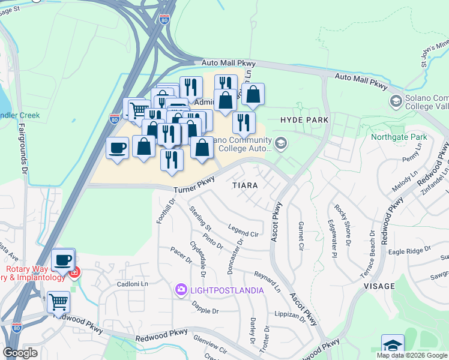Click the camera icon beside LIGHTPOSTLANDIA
click(181, 290)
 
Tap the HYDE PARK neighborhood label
click(304, 120)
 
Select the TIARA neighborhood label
click(245, 185)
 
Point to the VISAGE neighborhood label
click(379, 286)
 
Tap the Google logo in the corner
click(20, 353)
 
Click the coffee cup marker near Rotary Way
click(62, 260)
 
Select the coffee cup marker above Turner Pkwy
click(117, 147)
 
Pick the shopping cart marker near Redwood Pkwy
click(58, 301)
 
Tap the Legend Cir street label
click(243, 230)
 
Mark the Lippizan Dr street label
click(291, 316)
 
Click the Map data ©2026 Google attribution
click(412, 355)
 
